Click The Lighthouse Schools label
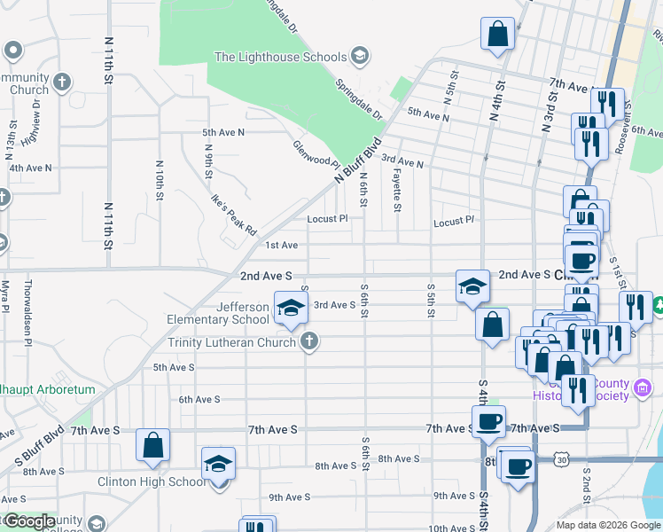(x=280, y=57)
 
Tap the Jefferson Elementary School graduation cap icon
(x=290, y=308)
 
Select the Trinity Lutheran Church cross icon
(x=309, y=341)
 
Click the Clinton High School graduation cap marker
(x=218, y=465)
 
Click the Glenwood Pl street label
(x=316, y=154)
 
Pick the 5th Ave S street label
(x=174, y=367)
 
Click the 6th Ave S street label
(x=199, y=399)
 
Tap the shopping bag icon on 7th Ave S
(x=152, y=445)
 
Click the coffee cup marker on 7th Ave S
(x=487, y=421)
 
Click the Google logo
(x=28, y=521)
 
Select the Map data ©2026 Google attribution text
(x=607, y=525)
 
